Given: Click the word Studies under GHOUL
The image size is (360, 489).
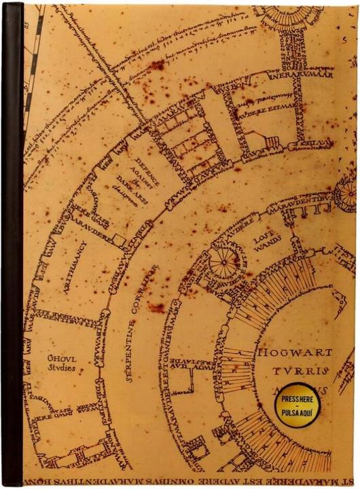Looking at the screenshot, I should (x=62, y=368).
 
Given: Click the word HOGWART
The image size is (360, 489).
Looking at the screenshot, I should (x=294, y=353).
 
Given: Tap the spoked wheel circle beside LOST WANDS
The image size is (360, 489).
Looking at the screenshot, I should (x=225, y=260).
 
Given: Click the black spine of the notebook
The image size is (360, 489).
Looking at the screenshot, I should (x=12, y=244).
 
